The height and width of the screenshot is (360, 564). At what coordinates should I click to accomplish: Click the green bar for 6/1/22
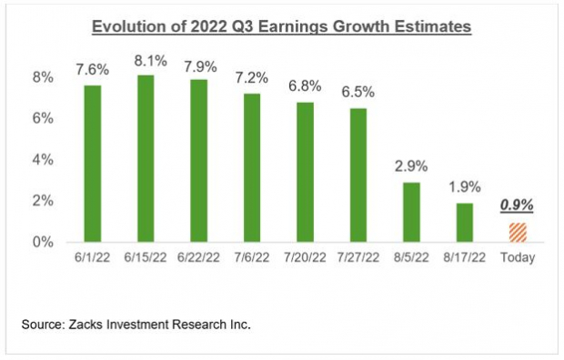(93, 164)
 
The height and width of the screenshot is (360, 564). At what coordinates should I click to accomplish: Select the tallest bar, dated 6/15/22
(146, 158)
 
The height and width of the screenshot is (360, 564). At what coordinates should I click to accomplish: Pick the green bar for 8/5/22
(411, 212)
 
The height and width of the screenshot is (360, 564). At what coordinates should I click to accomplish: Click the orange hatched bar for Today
(517, 232)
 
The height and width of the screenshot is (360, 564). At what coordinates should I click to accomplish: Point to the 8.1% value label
(146, 61)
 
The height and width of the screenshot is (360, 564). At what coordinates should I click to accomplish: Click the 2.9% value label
(411, 168)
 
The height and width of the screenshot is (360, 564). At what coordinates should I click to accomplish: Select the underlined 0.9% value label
(517, 206)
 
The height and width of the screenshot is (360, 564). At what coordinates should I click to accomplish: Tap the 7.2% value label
(252, 79)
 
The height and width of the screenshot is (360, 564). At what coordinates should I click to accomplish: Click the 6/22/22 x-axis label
(198, 258)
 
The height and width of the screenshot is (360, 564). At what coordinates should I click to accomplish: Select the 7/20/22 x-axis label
(305, 258)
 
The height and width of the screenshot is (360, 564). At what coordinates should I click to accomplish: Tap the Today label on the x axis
(517, 258)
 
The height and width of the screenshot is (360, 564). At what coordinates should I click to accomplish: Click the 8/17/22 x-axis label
(464, 258)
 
